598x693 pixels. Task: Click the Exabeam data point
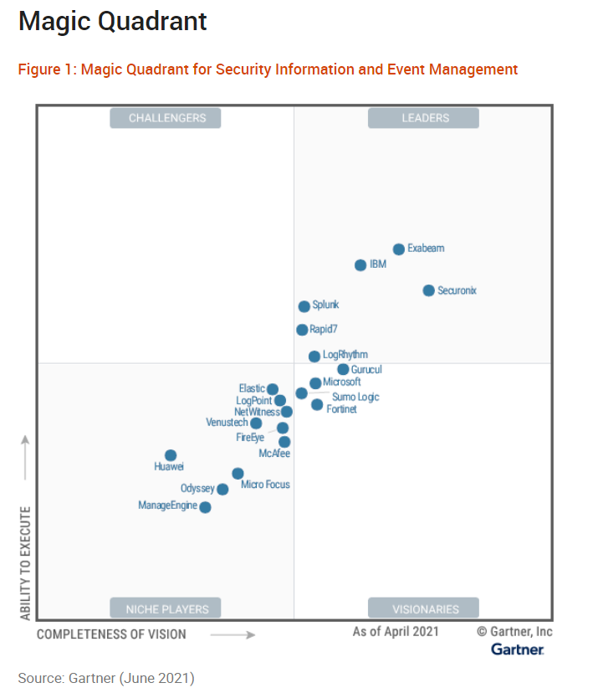tap(399, 249)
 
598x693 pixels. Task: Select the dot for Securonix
tap(429, 290)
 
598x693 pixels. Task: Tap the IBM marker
tap(360, 265)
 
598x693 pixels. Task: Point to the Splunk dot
tap(304, 306)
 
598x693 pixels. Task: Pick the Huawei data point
tap(171, 456)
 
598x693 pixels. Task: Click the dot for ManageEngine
tap(205, 507)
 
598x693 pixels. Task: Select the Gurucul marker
tap(343, 369)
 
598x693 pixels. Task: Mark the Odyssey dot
tap(222, 490)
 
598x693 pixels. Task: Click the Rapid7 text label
tap(324, 330)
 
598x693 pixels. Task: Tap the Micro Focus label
tap(265, 485)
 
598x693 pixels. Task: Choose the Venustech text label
tap(227, 423)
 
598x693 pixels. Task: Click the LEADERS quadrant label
tap(424, 119)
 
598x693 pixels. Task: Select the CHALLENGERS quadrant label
tap(166, 119)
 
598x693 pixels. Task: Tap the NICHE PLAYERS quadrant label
tap(166, 608)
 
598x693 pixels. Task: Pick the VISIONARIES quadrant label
tap(425, 608)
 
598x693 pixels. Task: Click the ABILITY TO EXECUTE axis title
tap(26, 563)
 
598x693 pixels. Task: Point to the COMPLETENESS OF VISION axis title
tap(111, 634)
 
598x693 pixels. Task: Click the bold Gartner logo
tap(517, 649)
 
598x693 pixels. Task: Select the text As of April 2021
tap(395, 632)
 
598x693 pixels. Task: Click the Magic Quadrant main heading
tap(113, 21)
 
